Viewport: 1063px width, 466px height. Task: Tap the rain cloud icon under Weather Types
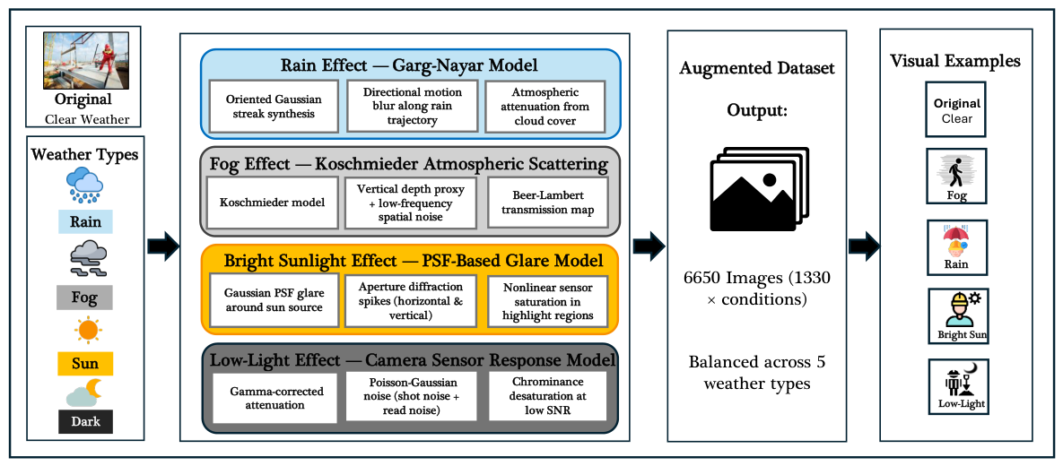coord(84,186)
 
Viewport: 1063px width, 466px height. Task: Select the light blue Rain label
coord(84,222)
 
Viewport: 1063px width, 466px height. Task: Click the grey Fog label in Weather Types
coord(84,297)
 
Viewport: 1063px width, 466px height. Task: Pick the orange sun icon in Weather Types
coord(87,330)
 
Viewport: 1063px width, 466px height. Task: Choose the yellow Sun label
coord(84,365)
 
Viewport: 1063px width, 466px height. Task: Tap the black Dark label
coord(84,421)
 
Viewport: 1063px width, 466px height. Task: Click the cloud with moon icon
coord(84,393)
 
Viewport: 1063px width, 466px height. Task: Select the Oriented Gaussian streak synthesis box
coord(274,107)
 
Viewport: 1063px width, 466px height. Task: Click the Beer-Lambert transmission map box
coord(548,202)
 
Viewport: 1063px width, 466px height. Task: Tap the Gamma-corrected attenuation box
coord(274,398)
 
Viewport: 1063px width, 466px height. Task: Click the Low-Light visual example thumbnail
coord(956,387)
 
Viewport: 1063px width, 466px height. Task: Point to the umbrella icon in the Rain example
coord(956,236)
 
